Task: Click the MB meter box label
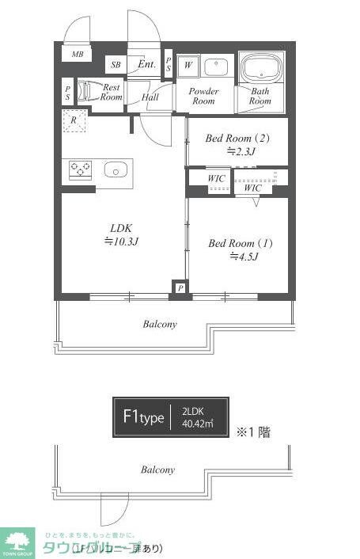tap(78, 55)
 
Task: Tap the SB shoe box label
tap(116, 65)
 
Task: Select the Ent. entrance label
tap(146, 64)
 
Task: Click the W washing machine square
tap(188, 66)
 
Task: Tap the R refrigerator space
tap(74, 120)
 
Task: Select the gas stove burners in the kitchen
tap(80, 169)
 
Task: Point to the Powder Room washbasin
tap(216, 67)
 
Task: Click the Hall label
tap(150, 97)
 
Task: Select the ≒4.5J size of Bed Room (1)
tap(241, 256)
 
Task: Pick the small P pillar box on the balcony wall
tap(180, 289)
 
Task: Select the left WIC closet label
tap(216, 179)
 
